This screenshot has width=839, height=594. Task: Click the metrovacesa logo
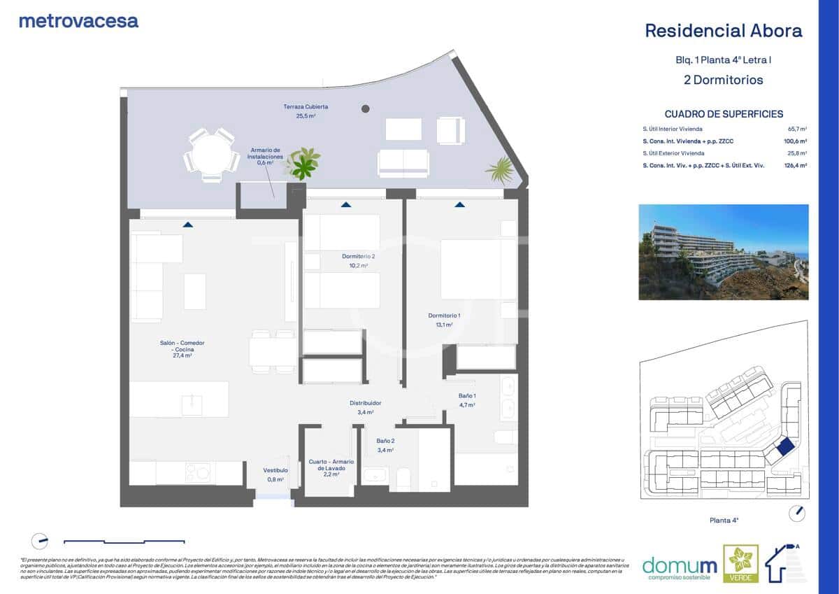(x=78, y=21)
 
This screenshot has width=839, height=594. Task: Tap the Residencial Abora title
(x=723, y=31)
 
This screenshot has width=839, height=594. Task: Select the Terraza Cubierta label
(x=306, y=111)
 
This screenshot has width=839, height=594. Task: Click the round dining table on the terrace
(x=210, y=155)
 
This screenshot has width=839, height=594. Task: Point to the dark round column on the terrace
(x=365, y=108)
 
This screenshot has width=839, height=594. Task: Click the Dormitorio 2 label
(x=358, y=260)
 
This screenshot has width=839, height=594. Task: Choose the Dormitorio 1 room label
(x=440, y=320)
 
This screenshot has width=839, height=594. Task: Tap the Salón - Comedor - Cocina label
(x=182, y=348)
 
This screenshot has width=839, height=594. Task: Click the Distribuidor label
(x=365, y=407)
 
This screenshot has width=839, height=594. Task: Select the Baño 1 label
(x=467, y=400)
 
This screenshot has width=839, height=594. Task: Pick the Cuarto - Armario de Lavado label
(x=331, y=467)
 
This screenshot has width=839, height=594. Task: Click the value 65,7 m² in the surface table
(x=797, y=129)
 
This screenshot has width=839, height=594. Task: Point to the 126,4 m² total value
(x=796, y=166)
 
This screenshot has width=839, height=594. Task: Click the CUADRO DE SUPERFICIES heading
(x=724, y=114)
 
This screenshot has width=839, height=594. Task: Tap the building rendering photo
(x=723, y=252)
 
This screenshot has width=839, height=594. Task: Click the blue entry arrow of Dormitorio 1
(x=459, y=204)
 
